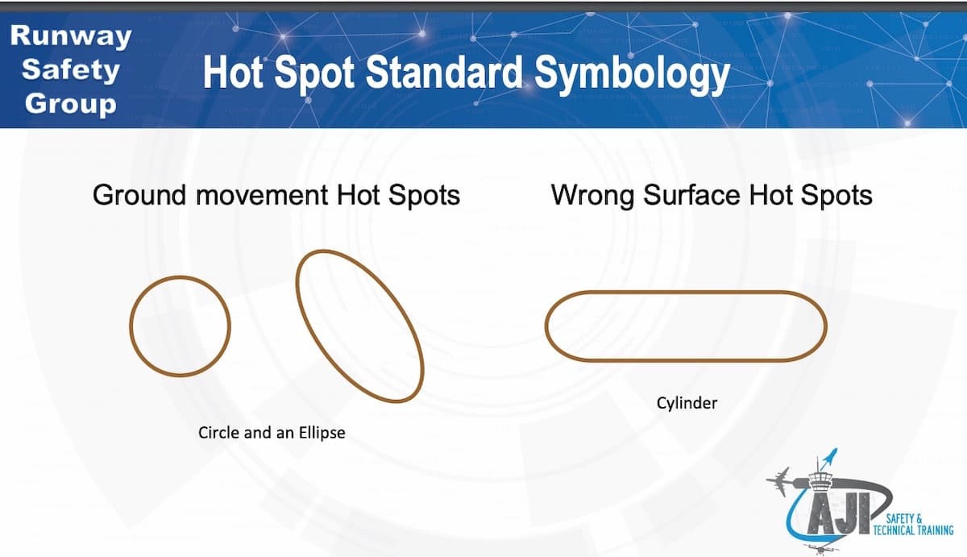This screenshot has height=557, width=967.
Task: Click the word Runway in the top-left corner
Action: coord(71,36)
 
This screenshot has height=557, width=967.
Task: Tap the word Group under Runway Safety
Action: coord(71,104)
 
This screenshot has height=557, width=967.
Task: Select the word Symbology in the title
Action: coord(632,75)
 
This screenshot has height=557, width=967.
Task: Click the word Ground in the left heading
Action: coord(139,195)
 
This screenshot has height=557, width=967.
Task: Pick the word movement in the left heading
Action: coord(262,196)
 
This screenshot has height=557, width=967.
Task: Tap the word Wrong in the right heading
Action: coord(592,196)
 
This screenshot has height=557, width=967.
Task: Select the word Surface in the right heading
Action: coord(693,195)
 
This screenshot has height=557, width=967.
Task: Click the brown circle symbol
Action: coord(131,326)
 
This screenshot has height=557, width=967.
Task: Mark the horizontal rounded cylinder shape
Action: coord(686,293)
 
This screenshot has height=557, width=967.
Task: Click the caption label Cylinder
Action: coord(687,403)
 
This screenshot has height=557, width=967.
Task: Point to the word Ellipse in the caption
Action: coord(322,433)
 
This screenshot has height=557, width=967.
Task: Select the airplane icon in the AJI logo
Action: coord(780,481)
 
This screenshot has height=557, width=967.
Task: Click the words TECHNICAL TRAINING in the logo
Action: coord(914,530)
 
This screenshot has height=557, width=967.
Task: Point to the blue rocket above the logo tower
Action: coord(830,459)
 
